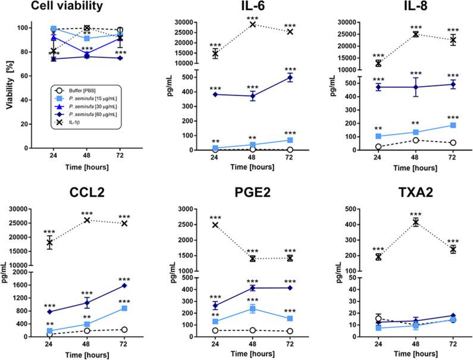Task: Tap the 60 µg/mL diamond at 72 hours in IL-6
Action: coord(290,77)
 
